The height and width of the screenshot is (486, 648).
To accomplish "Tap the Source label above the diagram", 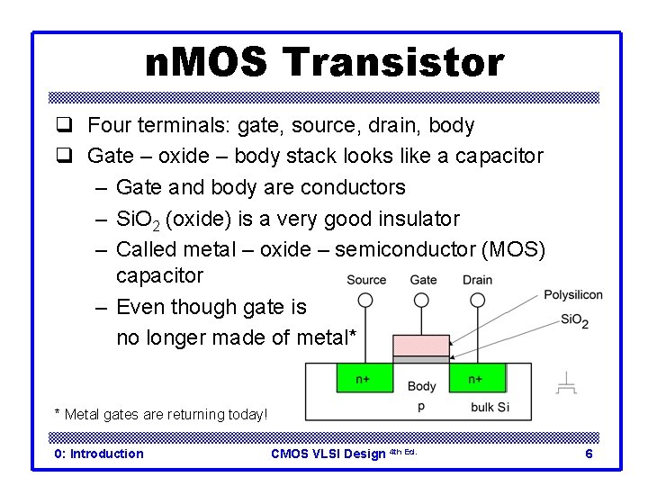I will click(366, 280).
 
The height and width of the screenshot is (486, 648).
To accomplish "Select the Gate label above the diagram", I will click(423, 280).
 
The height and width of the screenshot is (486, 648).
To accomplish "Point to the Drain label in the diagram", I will click(477, 280).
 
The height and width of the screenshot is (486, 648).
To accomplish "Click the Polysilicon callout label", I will click(573, 294).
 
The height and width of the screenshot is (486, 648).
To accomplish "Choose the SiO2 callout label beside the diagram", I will click(574, 319).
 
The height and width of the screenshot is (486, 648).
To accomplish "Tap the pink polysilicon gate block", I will click(421, 345).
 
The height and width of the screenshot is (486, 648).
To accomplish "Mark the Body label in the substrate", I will click(421, 387).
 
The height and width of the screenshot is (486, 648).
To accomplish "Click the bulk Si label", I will click(490, 408).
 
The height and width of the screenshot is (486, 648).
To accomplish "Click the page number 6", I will click(589, 454).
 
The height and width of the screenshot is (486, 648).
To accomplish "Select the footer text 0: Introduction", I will click(99, 454).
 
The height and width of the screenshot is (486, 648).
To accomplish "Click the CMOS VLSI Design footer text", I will click(328, 454).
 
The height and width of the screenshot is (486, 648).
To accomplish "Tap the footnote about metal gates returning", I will click(161, 414).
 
